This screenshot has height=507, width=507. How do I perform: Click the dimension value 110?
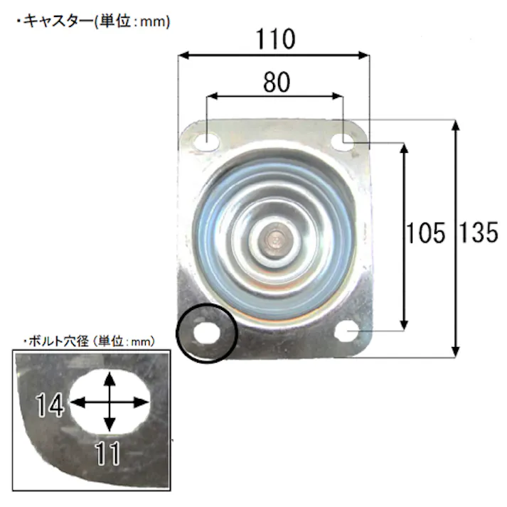coord(274,39)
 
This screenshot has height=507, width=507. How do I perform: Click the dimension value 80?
coord(276,82)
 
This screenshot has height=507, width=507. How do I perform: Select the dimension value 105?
coord(425,233)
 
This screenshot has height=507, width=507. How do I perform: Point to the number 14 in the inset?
coord(51,406)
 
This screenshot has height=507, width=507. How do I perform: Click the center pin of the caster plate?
coord(274,240)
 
